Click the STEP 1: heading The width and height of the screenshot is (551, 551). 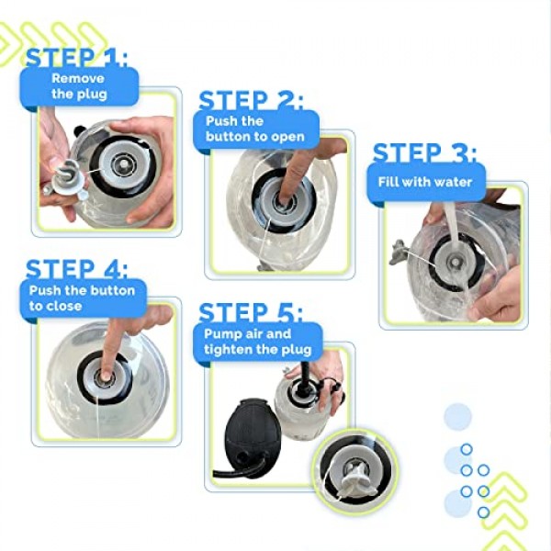pos(76,57)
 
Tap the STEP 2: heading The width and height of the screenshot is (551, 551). pos(251,100)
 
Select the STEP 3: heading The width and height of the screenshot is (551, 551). pos(425,153)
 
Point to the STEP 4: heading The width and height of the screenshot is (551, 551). pos(76,269)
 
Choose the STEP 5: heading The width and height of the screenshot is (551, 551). pos(251,312)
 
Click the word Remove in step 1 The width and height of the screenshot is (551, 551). pos(78,78)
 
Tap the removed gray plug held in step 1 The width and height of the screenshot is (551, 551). pos(67,178)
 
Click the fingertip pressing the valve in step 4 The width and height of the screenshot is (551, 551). pos(106,376)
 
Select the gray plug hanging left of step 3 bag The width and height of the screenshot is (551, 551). pos(399,252)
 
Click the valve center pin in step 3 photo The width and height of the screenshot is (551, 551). pos(455,262)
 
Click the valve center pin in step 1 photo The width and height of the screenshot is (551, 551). pos(123,163)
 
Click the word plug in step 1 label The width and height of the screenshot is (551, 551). pos(94,95)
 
